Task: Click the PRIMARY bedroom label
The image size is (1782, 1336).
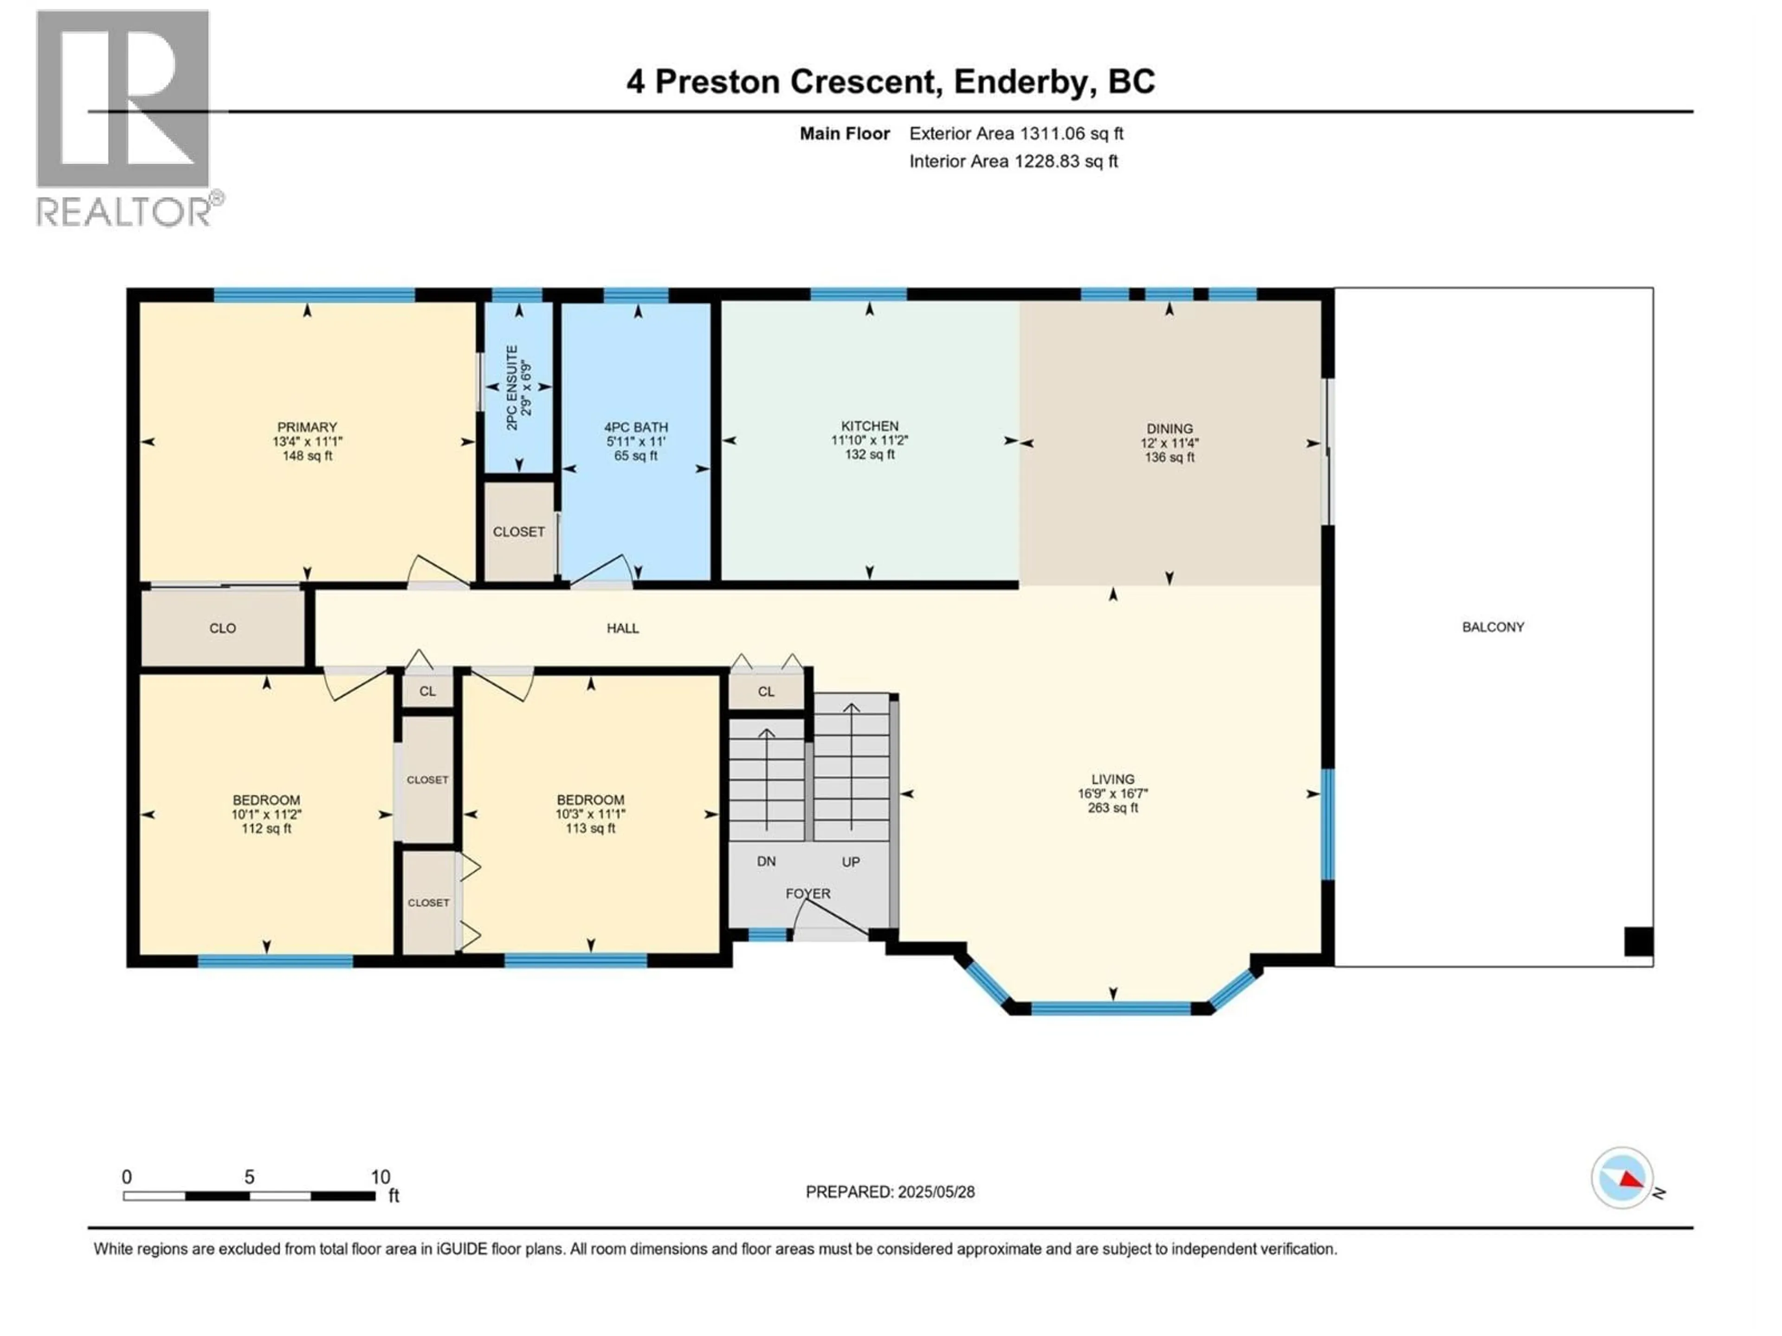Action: (x=307, y=427)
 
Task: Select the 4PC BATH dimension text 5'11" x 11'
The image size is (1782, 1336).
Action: (x=636, y=441)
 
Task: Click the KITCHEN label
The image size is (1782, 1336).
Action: (x=869, y=426)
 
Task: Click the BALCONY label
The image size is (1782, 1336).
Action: (x=1493, y=627)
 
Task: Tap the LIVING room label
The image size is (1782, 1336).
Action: (x=1112, y=779)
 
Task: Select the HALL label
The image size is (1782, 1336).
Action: (x=623, y=628)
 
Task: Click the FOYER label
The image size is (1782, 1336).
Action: (x=808, y=893)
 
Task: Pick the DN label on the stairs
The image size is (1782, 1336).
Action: (x=766, y=861)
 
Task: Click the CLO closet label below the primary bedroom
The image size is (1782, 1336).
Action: (x=222, y=628)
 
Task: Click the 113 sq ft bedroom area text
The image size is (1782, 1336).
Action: (x=590, y=828)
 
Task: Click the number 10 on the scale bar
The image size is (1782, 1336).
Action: (x=380, y=1176)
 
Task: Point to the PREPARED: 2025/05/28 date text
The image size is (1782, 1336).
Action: (x=890, y=1192)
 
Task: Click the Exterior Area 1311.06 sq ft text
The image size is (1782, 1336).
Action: (x=1016, y=134)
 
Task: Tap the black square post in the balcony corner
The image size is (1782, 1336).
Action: (x=1638, y=941)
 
